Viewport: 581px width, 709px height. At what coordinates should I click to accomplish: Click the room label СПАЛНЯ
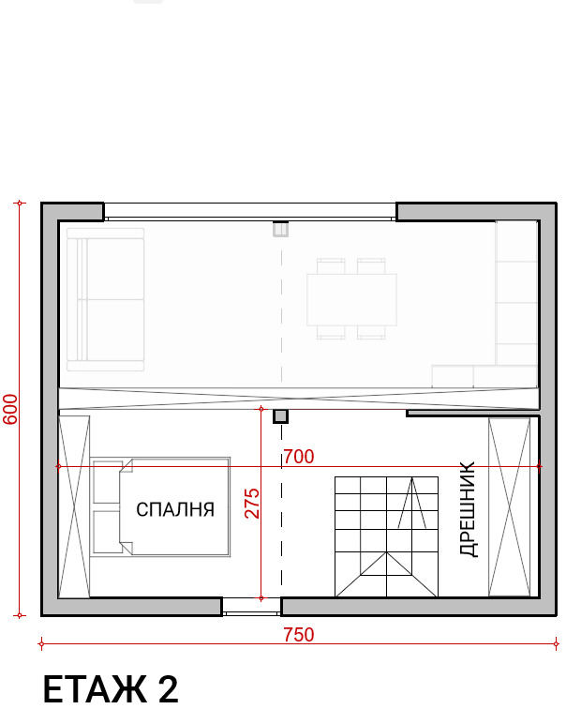[175, 509]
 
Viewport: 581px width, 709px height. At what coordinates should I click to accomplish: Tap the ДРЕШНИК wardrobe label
[469, 509]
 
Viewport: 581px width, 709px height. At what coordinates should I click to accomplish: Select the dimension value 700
[298, 457]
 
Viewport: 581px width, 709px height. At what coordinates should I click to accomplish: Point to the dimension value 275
[252, 503]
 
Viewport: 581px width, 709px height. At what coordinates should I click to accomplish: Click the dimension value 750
[298, 635]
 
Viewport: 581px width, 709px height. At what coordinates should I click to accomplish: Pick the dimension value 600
[10, 409]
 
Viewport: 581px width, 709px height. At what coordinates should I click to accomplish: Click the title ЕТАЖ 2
[111, 688]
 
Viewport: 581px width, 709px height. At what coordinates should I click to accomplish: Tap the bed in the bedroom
[161, 507]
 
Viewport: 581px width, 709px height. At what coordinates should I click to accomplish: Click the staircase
[386, 536]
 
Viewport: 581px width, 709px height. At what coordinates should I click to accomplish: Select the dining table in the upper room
[351, 299]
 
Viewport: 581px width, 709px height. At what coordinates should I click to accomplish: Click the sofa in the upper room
[104, 299]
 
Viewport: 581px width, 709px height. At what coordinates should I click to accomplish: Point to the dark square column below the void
[280, 415]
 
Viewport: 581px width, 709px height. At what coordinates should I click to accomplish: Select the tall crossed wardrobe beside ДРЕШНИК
[509, 506]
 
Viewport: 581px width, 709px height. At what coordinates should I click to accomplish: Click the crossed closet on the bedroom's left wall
[74, 506]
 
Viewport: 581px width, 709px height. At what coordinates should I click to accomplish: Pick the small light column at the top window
[280, 229]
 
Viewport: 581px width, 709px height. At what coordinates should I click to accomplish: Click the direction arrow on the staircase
[410, 502]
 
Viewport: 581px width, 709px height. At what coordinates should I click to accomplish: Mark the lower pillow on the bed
[104, 531]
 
